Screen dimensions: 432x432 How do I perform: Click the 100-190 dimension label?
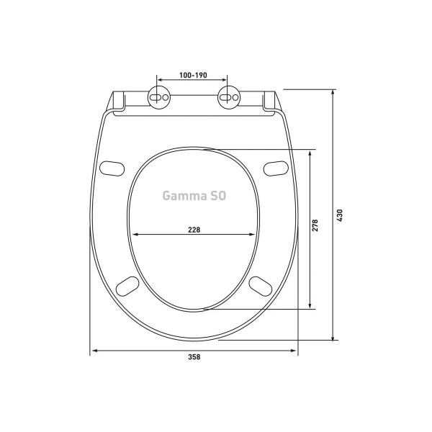[x=192, y=75]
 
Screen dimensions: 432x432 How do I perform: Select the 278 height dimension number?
[x=316, y=225]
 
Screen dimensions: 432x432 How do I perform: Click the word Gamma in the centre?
[x=183, y=195]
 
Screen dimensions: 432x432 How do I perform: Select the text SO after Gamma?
[x=217, y=195]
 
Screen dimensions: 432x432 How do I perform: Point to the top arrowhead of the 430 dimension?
[x=333, y=92]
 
